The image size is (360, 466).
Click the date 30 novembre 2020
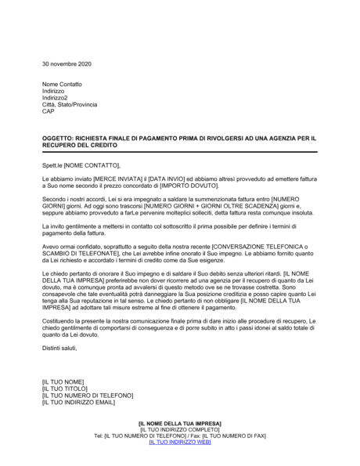pos(67,63)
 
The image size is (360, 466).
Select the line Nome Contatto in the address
pos(63,84)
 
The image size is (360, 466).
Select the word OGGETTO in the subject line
pos(59,139)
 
